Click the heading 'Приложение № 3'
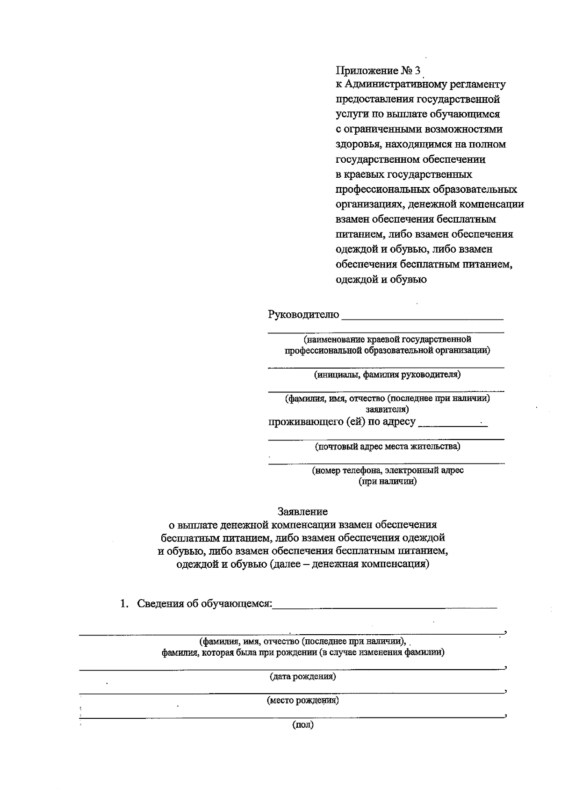click(x=378, y=71)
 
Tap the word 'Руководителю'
click(x=303, y=314)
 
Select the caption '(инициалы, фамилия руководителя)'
click(x=387, y=375)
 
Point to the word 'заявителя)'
click(x=387, y=409)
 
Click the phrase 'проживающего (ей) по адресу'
click(x=342, y=422)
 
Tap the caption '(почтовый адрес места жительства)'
click(x=387, y=446)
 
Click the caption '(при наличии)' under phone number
click(x=387, y=481)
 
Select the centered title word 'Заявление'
click(x=302, y=511)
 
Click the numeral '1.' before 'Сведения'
click(x=124, y=604)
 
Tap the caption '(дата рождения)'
click(x=302, y=677)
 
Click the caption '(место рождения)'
click(x=302, y=701)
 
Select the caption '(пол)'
click(x=302, y=725)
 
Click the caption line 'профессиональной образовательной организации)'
click(x=387, y=350)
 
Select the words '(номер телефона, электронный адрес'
click(x=388, y=470)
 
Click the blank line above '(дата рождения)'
click(x=290, y=669)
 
